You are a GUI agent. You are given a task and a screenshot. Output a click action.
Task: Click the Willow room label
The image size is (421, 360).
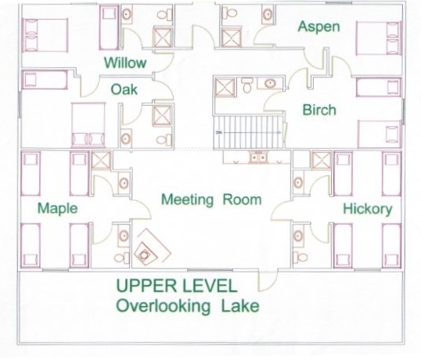pos(125,63)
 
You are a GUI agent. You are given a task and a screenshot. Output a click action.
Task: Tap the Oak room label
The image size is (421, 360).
pos(124,89)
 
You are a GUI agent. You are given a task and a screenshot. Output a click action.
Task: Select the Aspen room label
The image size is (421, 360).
pos(319,27)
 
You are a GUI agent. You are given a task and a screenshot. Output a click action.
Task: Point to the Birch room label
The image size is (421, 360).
pos(319,110)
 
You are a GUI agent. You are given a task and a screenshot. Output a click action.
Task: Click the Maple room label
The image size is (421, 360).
pos(57,208)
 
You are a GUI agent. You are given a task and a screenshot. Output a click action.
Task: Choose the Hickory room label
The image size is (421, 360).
pos(368,209)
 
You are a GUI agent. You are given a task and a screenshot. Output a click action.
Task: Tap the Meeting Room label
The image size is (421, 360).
pos(211,200)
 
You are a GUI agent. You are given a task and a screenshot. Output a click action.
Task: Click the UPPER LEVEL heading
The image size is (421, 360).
pos(177,286)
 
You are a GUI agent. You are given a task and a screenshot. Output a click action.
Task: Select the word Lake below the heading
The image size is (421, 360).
pos(240,306)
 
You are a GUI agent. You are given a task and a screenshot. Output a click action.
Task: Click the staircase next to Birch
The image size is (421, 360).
pos(249,132)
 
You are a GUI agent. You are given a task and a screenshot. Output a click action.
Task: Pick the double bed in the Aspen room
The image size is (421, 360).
pos(379,38)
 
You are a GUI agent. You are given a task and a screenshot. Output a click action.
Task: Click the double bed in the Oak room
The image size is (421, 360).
pos(88,125)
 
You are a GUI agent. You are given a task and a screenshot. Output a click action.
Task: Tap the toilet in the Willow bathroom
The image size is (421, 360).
pos(164,15)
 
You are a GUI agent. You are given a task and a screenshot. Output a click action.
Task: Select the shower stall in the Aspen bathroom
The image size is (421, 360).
pos(232,38)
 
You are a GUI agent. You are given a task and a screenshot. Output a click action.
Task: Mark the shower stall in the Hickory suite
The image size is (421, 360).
pos(322,160)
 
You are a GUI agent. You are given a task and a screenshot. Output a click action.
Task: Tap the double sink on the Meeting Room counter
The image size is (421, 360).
pos(258,157)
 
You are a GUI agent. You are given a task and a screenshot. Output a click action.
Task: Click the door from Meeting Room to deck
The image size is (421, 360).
pos(268,281)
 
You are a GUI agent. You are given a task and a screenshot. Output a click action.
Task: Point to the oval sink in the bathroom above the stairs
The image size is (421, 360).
pos(270,84)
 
